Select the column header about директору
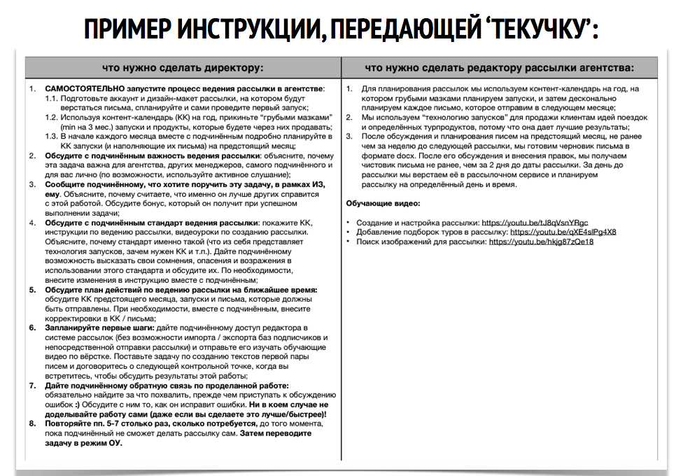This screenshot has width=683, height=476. coord(183,68)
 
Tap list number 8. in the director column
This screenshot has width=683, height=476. coord(32,423)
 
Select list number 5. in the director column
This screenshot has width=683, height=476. coord(32,289)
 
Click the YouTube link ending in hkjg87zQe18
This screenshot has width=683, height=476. coord(541,241)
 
